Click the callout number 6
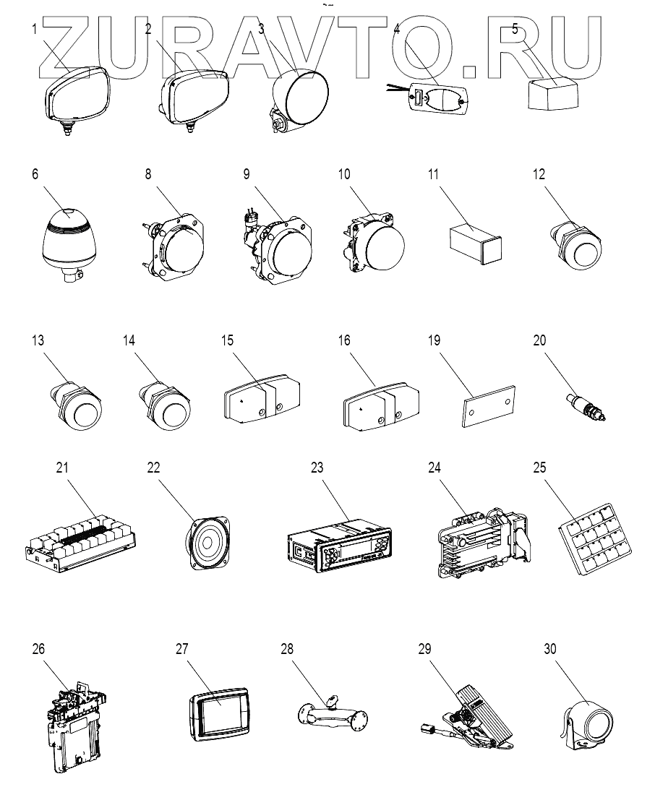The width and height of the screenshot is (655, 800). (35, 174)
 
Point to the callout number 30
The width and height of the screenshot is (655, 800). (549, 648)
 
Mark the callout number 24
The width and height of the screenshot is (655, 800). (434, 468)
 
